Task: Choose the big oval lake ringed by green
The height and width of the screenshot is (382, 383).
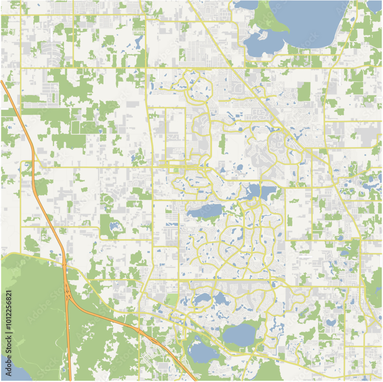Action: coord(239,335)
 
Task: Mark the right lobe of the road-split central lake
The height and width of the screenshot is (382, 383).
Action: coord(268,190)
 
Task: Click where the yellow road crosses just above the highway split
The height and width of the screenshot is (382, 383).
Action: coord(64,264)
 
